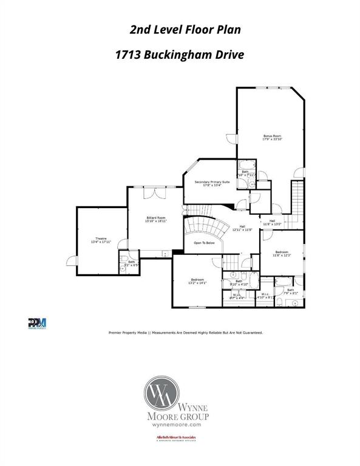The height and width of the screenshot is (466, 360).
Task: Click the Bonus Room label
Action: [x=272, y=137]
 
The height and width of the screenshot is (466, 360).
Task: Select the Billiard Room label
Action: [x=155, y=219]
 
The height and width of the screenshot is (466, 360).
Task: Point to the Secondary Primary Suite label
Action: [x=212, y=183]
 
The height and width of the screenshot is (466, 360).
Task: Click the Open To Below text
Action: [x=204, y=243]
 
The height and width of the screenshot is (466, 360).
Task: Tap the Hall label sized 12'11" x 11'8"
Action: [x=242, y=228]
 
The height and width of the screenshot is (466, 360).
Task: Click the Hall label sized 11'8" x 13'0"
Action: [x=273, y=222]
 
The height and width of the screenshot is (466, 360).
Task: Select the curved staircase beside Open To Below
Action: [x=206, y=228]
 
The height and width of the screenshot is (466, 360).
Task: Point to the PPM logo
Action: [x=37, y=323]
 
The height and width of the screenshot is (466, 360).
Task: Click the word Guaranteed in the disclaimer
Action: [x=249, y=333]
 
